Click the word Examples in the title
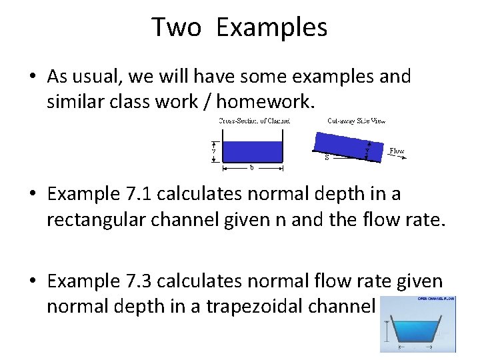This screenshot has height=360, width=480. (272, 28)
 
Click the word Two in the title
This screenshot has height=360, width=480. (177, 28)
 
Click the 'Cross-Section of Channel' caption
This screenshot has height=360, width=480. (254, 121)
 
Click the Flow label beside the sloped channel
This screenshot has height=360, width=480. (397, 151)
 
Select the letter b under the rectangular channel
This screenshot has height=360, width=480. (251, 167)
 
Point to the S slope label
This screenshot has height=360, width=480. (326, 158)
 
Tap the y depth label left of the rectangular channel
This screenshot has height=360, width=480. (213, 151)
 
